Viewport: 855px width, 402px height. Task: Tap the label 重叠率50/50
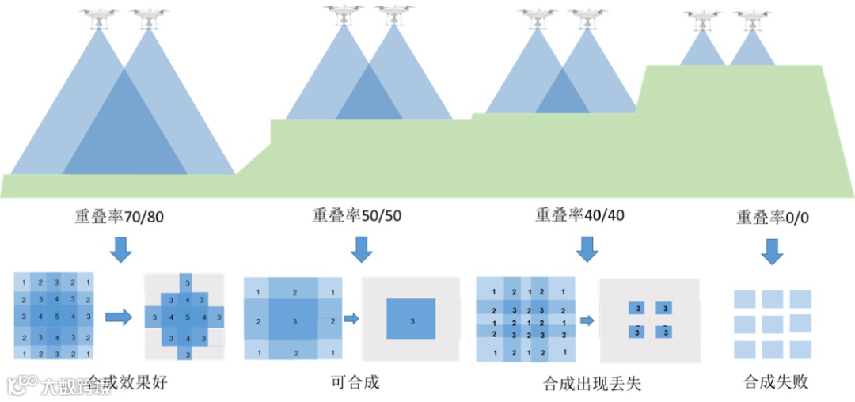[x=356, y=215]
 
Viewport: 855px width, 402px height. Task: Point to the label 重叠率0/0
[x=769, y=217]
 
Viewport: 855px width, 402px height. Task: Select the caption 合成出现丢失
[x=592, y=384]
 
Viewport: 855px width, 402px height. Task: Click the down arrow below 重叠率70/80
[x=120, y=248]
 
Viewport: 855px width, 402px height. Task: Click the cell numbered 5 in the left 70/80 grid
[x=56, y=317]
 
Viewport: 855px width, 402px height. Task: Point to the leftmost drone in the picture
[x=99, y=17]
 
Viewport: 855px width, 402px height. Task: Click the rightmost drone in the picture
[x=752, y=18]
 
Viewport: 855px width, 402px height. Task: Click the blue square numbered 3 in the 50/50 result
[x=411, y=320]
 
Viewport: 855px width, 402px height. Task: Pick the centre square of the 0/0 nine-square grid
[x=773, y=324]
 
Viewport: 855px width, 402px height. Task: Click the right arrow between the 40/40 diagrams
[x=587, y=320]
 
